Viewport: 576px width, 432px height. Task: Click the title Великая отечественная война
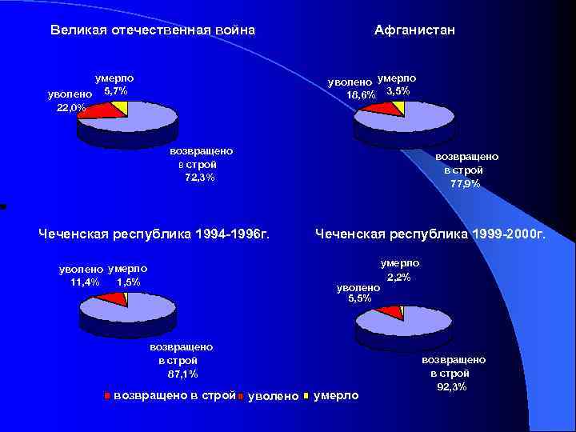click(x=152, y=30)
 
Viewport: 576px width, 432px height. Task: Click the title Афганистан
click(x=414, y=30)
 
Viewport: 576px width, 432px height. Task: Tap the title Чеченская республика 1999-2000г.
click(x=430, y=234)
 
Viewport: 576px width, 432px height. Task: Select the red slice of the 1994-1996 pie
click(x=113, y=299)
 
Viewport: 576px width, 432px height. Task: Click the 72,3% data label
click(x=199, y=178)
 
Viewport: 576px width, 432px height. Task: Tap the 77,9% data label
click(x=465, y=183)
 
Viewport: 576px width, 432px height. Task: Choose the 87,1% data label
click(x=182, y=374)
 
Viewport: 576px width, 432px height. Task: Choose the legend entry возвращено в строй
click(x=174, y=395)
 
